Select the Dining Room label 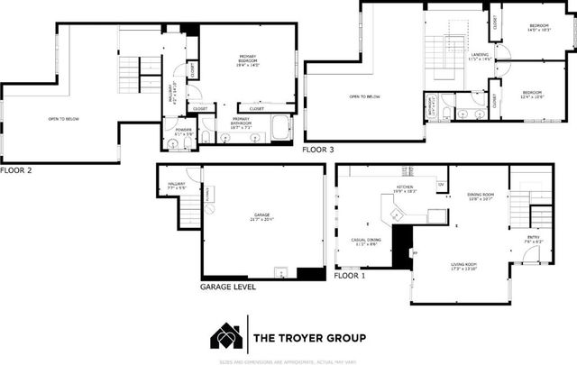pyautogui.click(x=481, y=197)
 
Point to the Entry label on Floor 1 pyautogui.click(x=534, y=240)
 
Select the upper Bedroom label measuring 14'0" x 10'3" pyautogui.click(x=539, y=29)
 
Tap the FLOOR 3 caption pyautogui.click(x=318, y=150)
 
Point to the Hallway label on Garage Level pyautogui.click(x=176, y=187)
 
